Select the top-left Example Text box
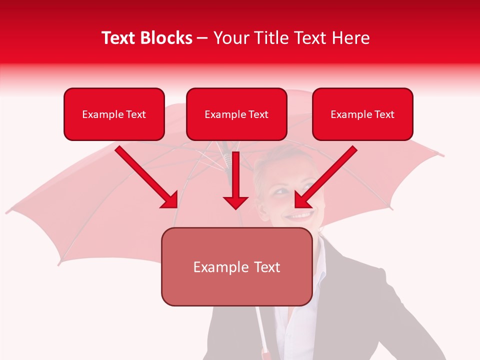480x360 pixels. [114, 114]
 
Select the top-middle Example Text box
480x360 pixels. [236, 114]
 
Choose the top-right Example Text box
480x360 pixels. [362, 114]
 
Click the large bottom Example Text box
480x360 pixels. [236, 267]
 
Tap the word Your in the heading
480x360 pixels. [229, 38]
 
